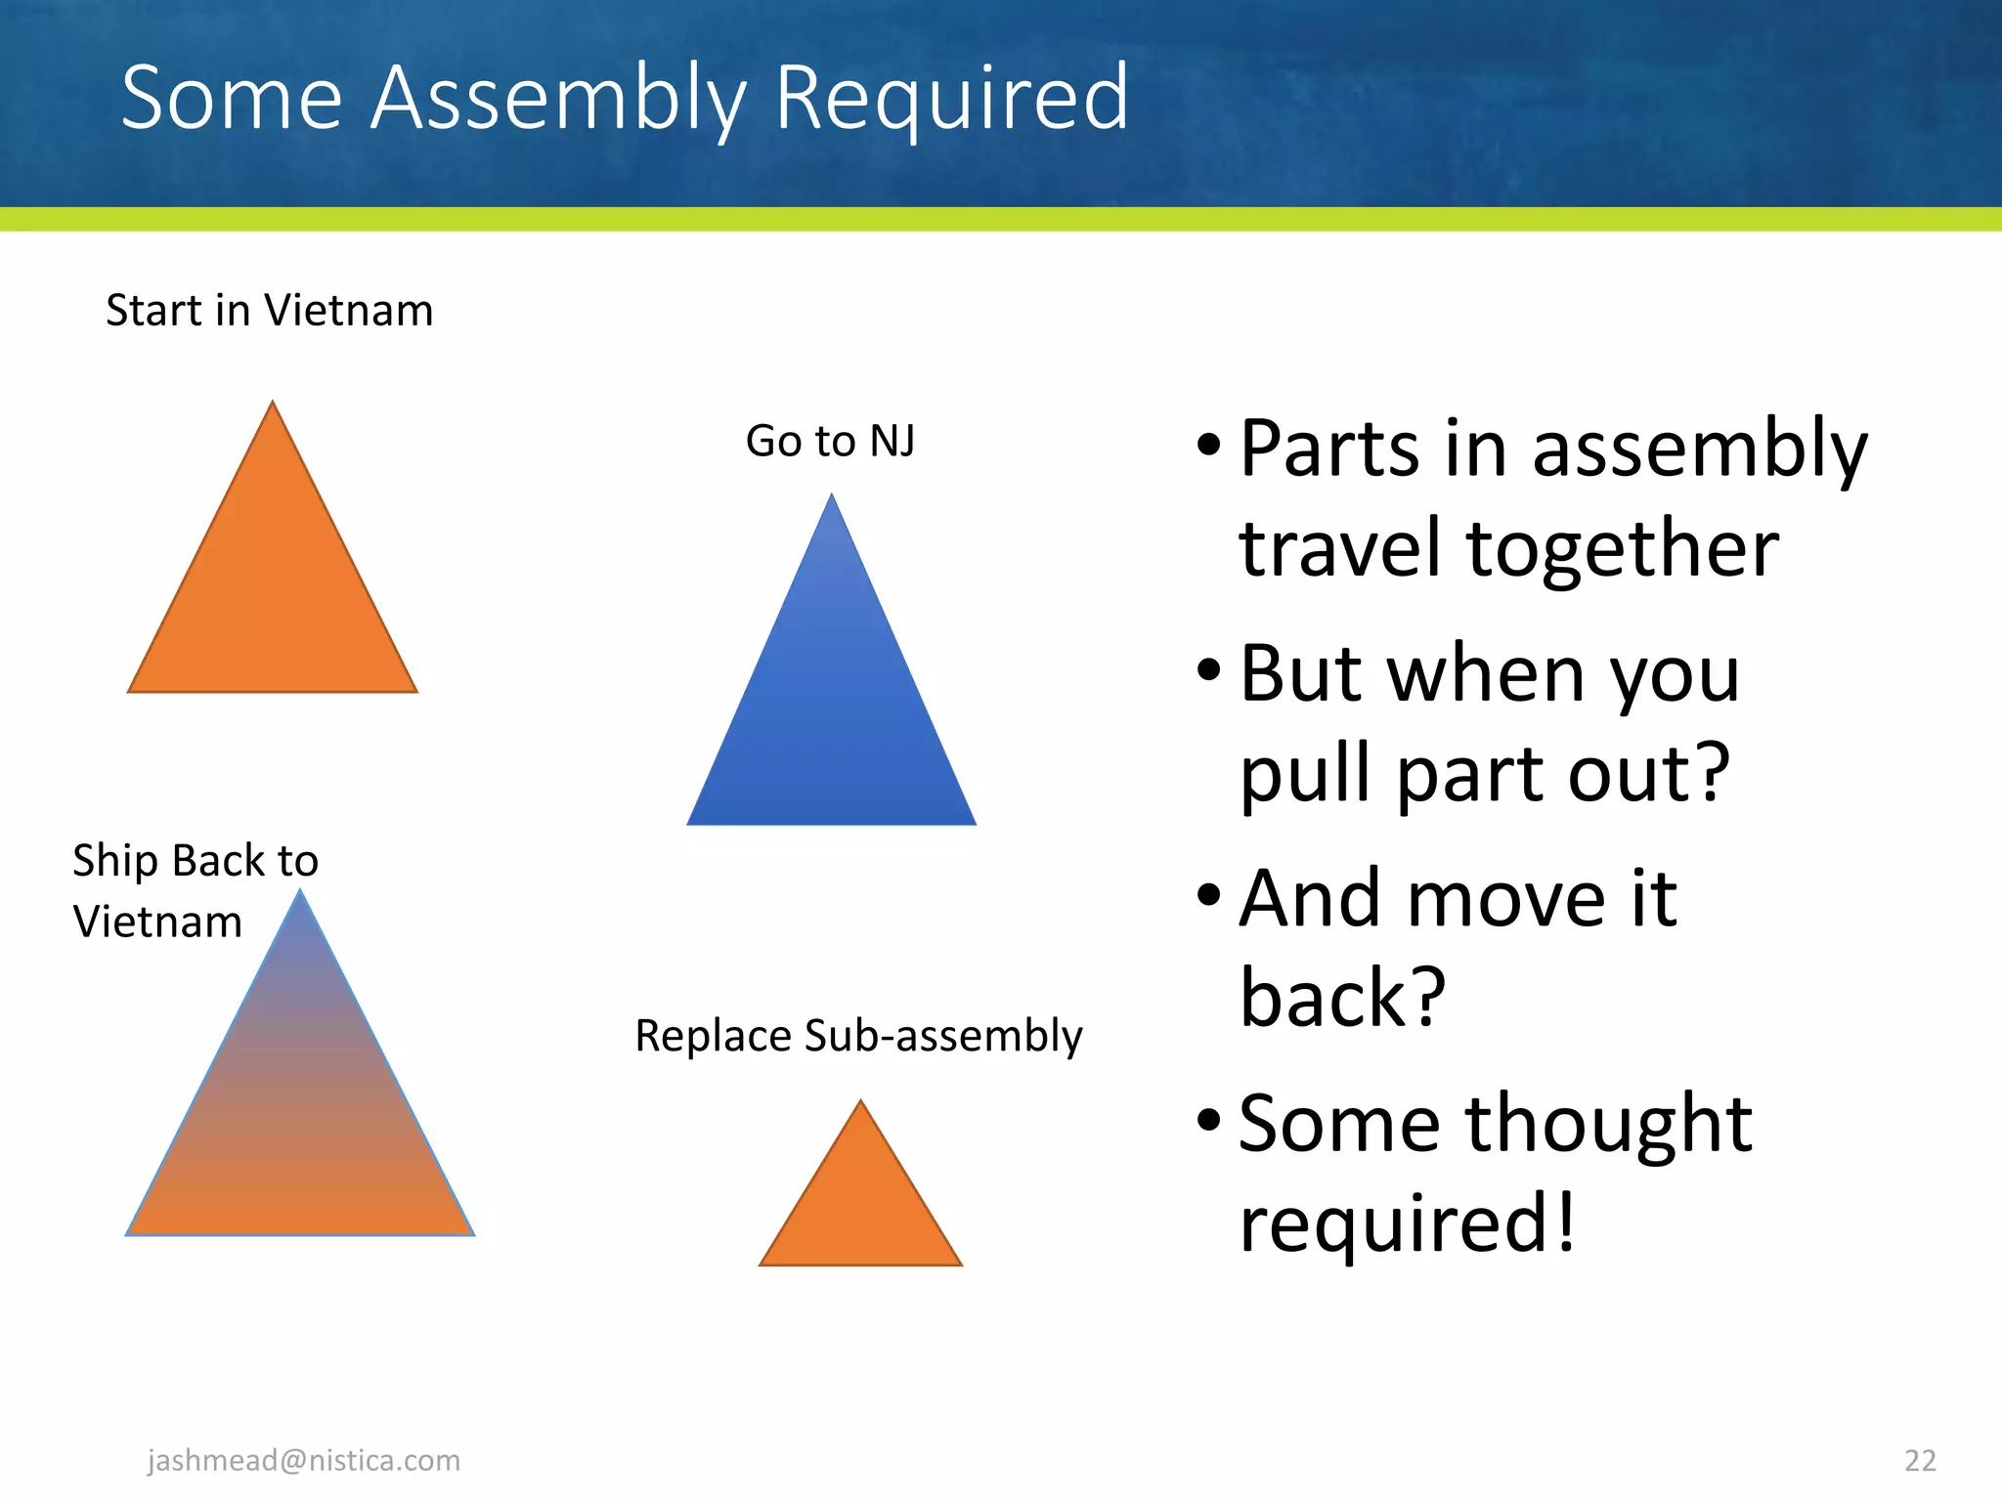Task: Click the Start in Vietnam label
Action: [269, 311]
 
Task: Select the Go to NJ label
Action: [830, 441]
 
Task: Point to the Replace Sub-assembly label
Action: [858, 1036]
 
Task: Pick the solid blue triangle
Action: [831, 704]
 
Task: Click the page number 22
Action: [1920, 1460]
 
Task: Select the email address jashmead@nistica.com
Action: [303, 1460]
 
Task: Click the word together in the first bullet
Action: [1622, 549]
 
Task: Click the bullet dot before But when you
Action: [1209, 670]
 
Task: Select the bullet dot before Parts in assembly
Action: [1209, 446]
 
